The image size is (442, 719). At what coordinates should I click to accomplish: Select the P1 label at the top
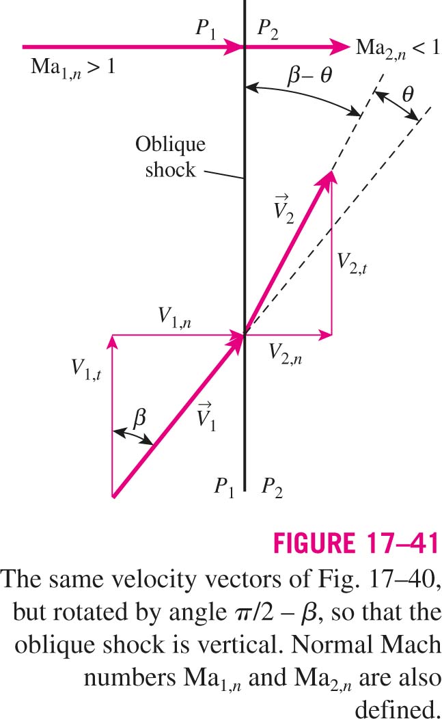[206, 29]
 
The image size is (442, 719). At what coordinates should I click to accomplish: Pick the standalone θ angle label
[408, 94]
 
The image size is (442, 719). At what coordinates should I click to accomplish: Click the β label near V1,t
[139, 418]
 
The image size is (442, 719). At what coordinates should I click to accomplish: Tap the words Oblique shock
[171, 157]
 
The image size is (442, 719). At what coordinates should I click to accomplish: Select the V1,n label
[175, 317]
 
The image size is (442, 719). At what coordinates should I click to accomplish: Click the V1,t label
[86, 369]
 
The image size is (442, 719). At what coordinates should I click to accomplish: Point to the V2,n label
[285, 353]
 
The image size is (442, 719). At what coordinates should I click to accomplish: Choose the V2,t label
[352, 263]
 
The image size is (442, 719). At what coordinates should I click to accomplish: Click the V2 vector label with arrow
[284, 209]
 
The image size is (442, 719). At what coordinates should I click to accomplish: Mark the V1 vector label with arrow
[206, 416]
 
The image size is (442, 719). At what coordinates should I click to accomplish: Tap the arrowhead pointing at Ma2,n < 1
[340, 46]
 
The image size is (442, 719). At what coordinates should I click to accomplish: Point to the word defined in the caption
[397, 708]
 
